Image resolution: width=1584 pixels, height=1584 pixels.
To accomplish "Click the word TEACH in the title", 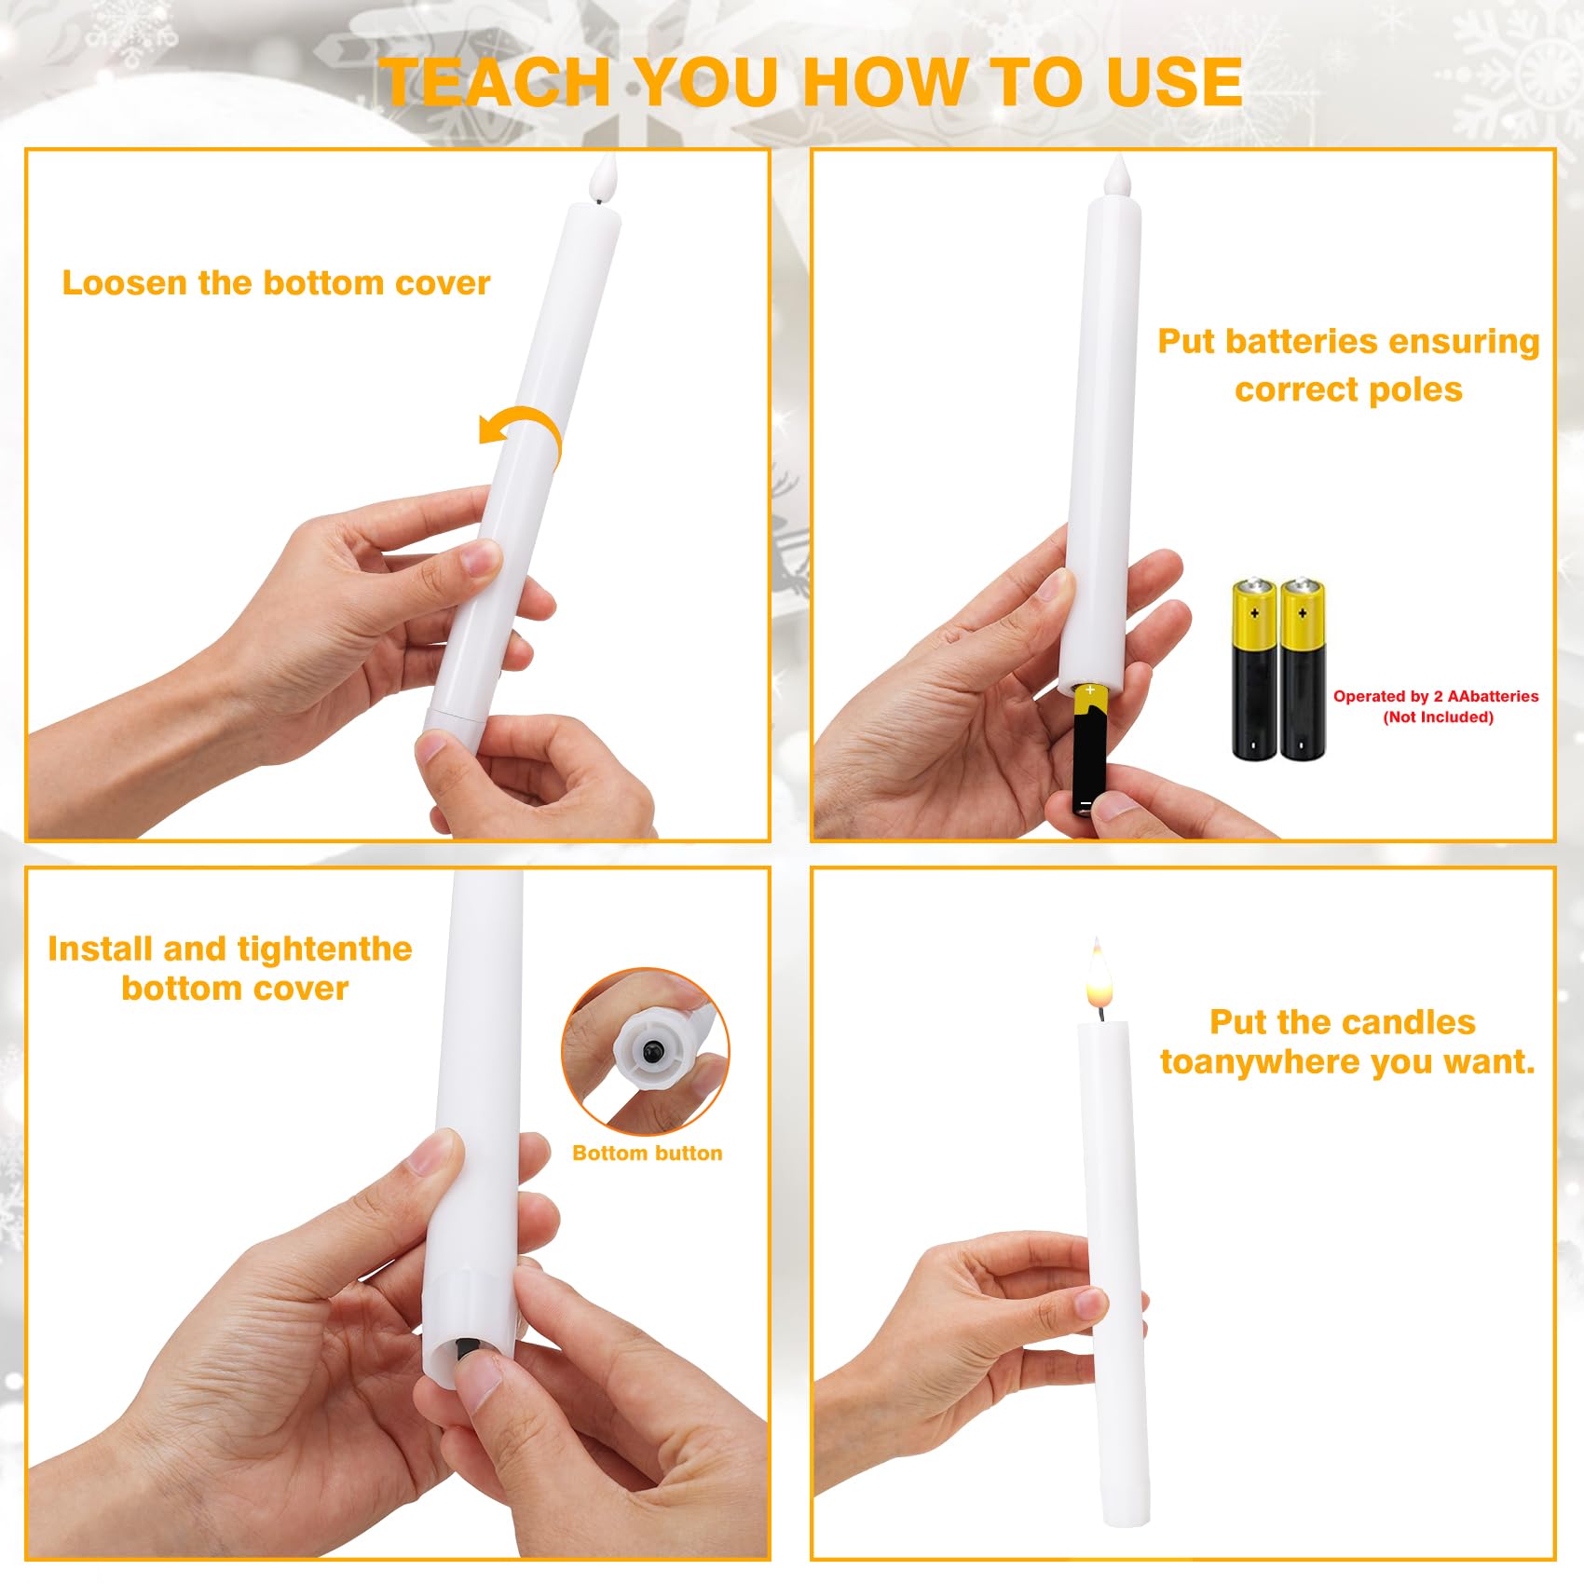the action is point(496,82).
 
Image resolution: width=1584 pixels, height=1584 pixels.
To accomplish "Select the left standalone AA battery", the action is point(1254,669).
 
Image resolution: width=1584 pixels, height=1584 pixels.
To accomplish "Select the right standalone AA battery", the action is point(1302,669).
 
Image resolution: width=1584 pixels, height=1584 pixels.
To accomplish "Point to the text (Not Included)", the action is point(1438,717).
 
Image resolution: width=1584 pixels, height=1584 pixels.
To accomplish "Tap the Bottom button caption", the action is point(648,1153).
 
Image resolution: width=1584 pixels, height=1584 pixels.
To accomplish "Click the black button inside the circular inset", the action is point(652,1052).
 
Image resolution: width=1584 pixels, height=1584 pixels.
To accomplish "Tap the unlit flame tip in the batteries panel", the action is point(1115,177).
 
